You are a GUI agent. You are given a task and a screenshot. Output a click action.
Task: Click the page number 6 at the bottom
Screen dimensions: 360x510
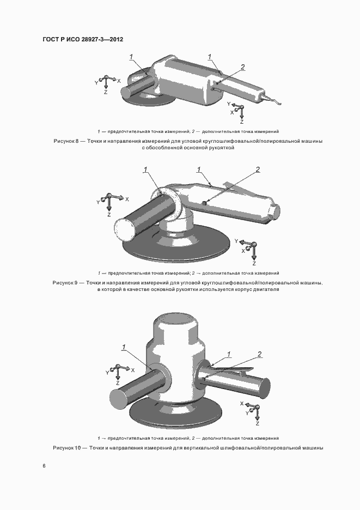coord(44,466)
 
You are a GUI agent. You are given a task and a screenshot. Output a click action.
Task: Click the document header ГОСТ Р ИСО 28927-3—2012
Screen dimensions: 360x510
coord(83,39)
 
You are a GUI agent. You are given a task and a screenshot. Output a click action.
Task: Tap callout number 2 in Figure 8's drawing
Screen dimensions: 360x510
coord(242,67)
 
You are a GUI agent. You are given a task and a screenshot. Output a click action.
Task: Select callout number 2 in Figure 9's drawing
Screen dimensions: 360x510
coord(258,169)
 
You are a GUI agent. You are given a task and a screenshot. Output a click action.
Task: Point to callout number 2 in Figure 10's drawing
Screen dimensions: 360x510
coord(259,354)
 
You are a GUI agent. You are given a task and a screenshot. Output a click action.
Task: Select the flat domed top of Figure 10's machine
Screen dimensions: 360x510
coord(176,320)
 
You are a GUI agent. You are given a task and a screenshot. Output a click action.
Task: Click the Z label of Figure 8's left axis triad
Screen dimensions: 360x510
coord(106,93)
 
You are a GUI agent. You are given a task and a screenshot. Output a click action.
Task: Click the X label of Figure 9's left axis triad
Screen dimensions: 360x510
coord(127,199)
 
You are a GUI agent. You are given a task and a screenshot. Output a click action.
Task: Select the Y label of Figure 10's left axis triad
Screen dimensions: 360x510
coord(107,373)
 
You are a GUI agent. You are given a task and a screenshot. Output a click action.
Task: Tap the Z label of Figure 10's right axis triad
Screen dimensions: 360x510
coord(258,423)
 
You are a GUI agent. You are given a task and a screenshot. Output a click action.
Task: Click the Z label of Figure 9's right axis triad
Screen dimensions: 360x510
coord(254,264)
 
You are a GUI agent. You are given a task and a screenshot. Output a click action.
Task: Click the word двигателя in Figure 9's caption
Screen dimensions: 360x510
coord(266,289)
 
